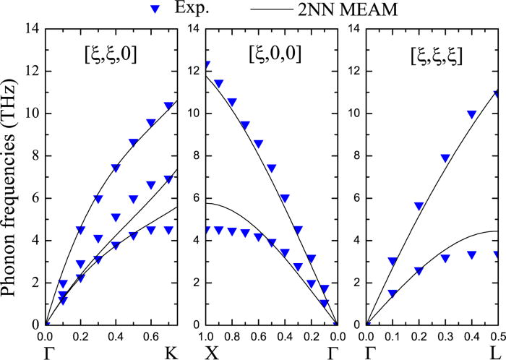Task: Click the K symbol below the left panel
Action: [171, 353]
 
